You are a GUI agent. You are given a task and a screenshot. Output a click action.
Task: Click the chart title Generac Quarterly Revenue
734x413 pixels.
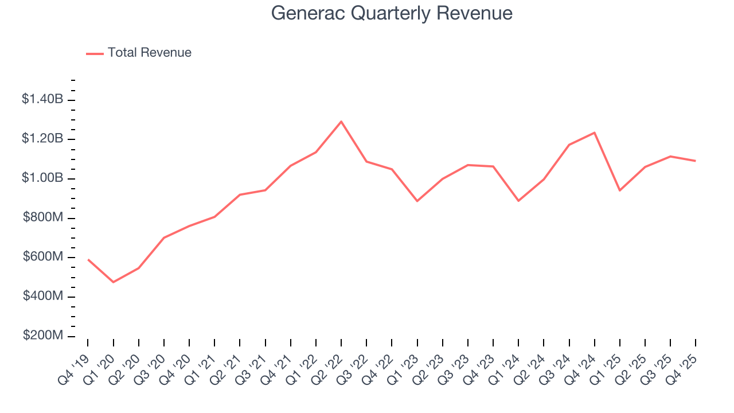pyautogui.click(x=392, y=13)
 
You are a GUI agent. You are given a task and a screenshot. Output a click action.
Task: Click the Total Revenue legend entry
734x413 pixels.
pyautogui.click(x=139, y=53)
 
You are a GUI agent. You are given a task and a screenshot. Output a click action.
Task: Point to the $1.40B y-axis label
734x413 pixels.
pyautogui.click(x=42, y=99)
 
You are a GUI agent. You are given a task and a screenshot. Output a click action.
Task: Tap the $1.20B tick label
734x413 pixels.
pyautogui.click(x=42, y=139)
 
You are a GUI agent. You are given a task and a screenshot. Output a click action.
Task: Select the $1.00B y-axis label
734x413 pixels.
pyautogui.click(x=42, y=178)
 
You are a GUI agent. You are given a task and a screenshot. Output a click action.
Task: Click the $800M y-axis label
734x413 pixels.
pyautogui.click(x=43, y=218)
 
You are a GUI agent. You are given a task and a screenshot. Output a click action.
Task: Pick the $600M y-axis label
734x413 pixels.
pyautogui.click(x=43, y=257)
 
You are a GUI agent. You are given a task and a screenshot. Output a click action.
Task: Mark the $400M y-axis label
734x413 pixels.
pyautogui.click(x=43, y=297)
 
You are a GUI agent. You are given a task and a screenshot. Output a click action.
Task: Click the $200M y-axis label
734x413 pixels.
pyautogui.click(x=43, y=336)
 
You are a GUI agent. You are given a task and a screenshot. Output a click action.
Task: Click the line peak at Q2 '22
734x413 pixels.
pyautogui.click(x=341, y=122)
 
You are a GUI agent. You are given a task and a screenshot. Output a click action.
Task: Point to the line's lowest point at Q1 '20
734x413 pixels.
pyautogui.click(x=113, y=282)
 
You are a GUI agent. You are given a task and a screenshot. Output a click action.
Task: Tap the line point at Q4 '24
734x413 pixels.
pyautogui.click(x=594, y=133)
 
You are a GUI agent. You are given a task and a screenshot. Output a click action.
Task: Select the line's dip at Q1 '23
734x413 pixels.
pyautogui.click(x=417, y=201)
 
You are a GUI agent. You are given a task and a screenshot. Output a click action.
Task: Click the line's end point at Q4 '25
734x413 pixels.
pyautogui.click(x=695, y=161)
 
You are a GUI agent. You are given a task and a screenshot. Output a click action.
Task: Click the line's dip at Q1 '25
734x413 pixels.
pyautogui.click(x=619, y=190)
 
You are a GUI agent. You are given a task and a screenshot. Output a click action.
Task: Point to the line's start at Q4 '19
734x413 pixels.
pyautogui.click(x=88, y=259)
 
